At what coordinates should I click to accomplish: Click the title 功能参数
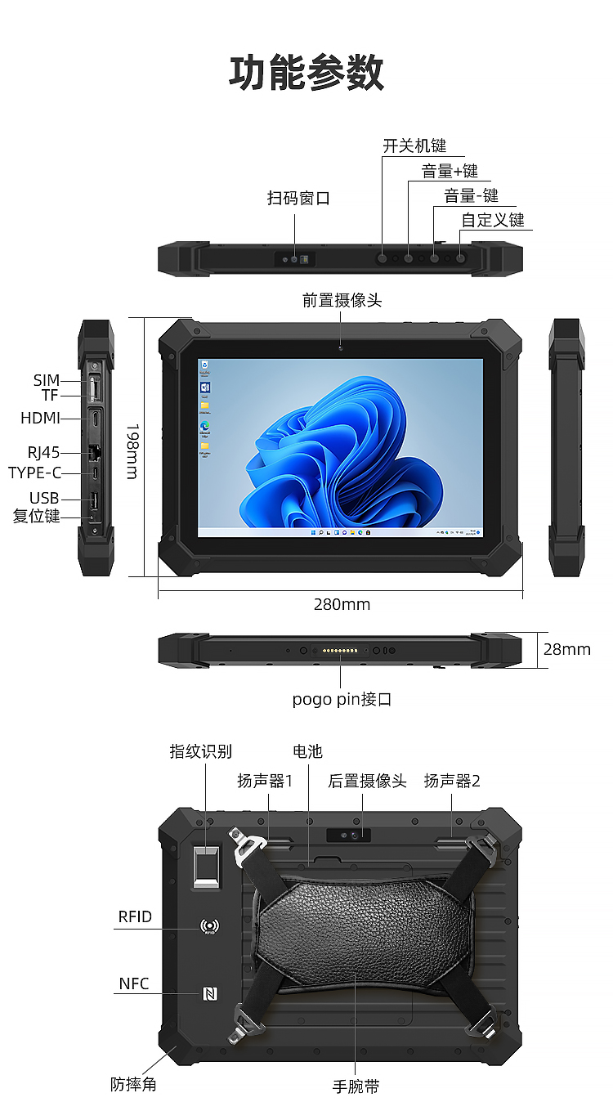coord(306,73)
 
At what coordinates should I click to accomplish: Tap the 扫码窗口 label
coord(298,198)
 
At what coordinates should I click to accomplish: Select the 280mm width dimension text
coord(342,604)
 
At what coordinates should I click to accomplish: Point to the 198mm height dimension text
coord(133,451)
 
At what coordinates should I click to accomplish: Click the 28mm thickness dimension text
coord(567,649)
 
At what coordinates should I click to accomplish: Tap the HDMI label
coord(40,418)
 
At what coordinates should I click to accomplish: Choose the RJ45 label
coord(43,453)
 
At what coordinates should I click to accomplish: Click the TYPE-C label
coord(34,473)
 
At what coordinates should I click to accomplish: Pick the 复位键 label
coord(36,516)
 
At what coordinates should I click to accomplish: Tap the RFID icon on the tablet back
coord(210,926)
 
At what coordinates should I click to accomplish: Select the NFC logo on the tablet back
coord(210,993)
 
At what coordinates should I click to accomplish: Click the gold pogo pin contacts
coord(340,651)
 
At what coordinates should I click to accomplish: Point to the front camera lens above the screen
coord(341,348)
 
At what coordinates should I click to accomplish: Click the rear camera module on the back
coord(348,835)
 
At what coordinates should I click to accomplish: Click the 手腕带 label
coord(356,1086)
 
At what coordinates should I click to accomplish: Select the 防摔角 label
coord(133,1084)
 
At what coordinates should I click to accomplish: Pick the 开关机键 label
coord(414,146)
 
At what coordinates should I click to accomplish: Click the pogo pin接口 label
coord(342,699)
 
